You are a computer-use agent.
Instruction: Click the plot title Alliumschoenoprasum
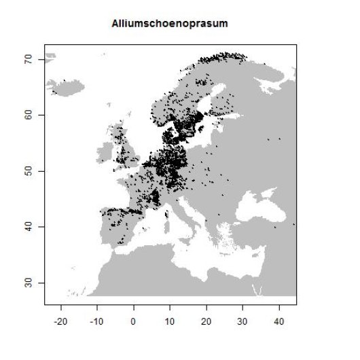170,23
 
